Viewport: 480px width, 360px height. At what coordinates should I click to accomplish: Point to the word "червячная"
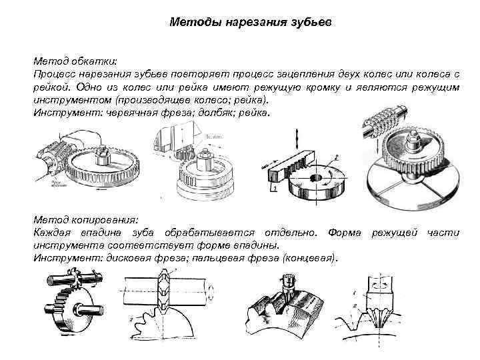point(129,113)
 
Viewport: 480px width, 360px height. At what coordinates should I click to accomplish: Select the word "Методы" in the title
point(193,23)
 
